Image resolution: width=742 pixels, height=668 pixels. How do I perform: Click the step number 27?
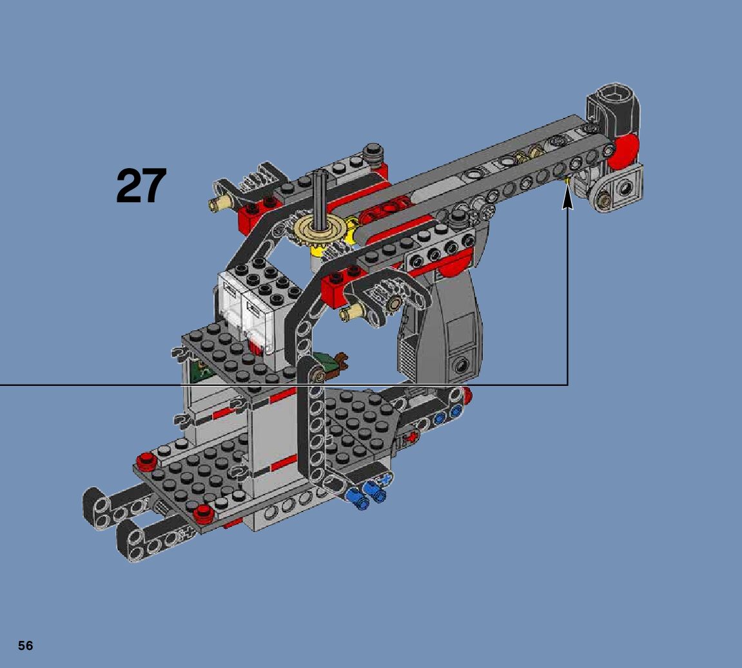(141, 186)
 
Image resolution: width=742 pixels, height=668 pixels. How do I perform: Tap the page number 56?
(26, 646)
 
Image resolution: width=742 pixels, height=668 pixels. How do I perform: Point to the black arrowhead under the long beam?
(567, 199)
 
